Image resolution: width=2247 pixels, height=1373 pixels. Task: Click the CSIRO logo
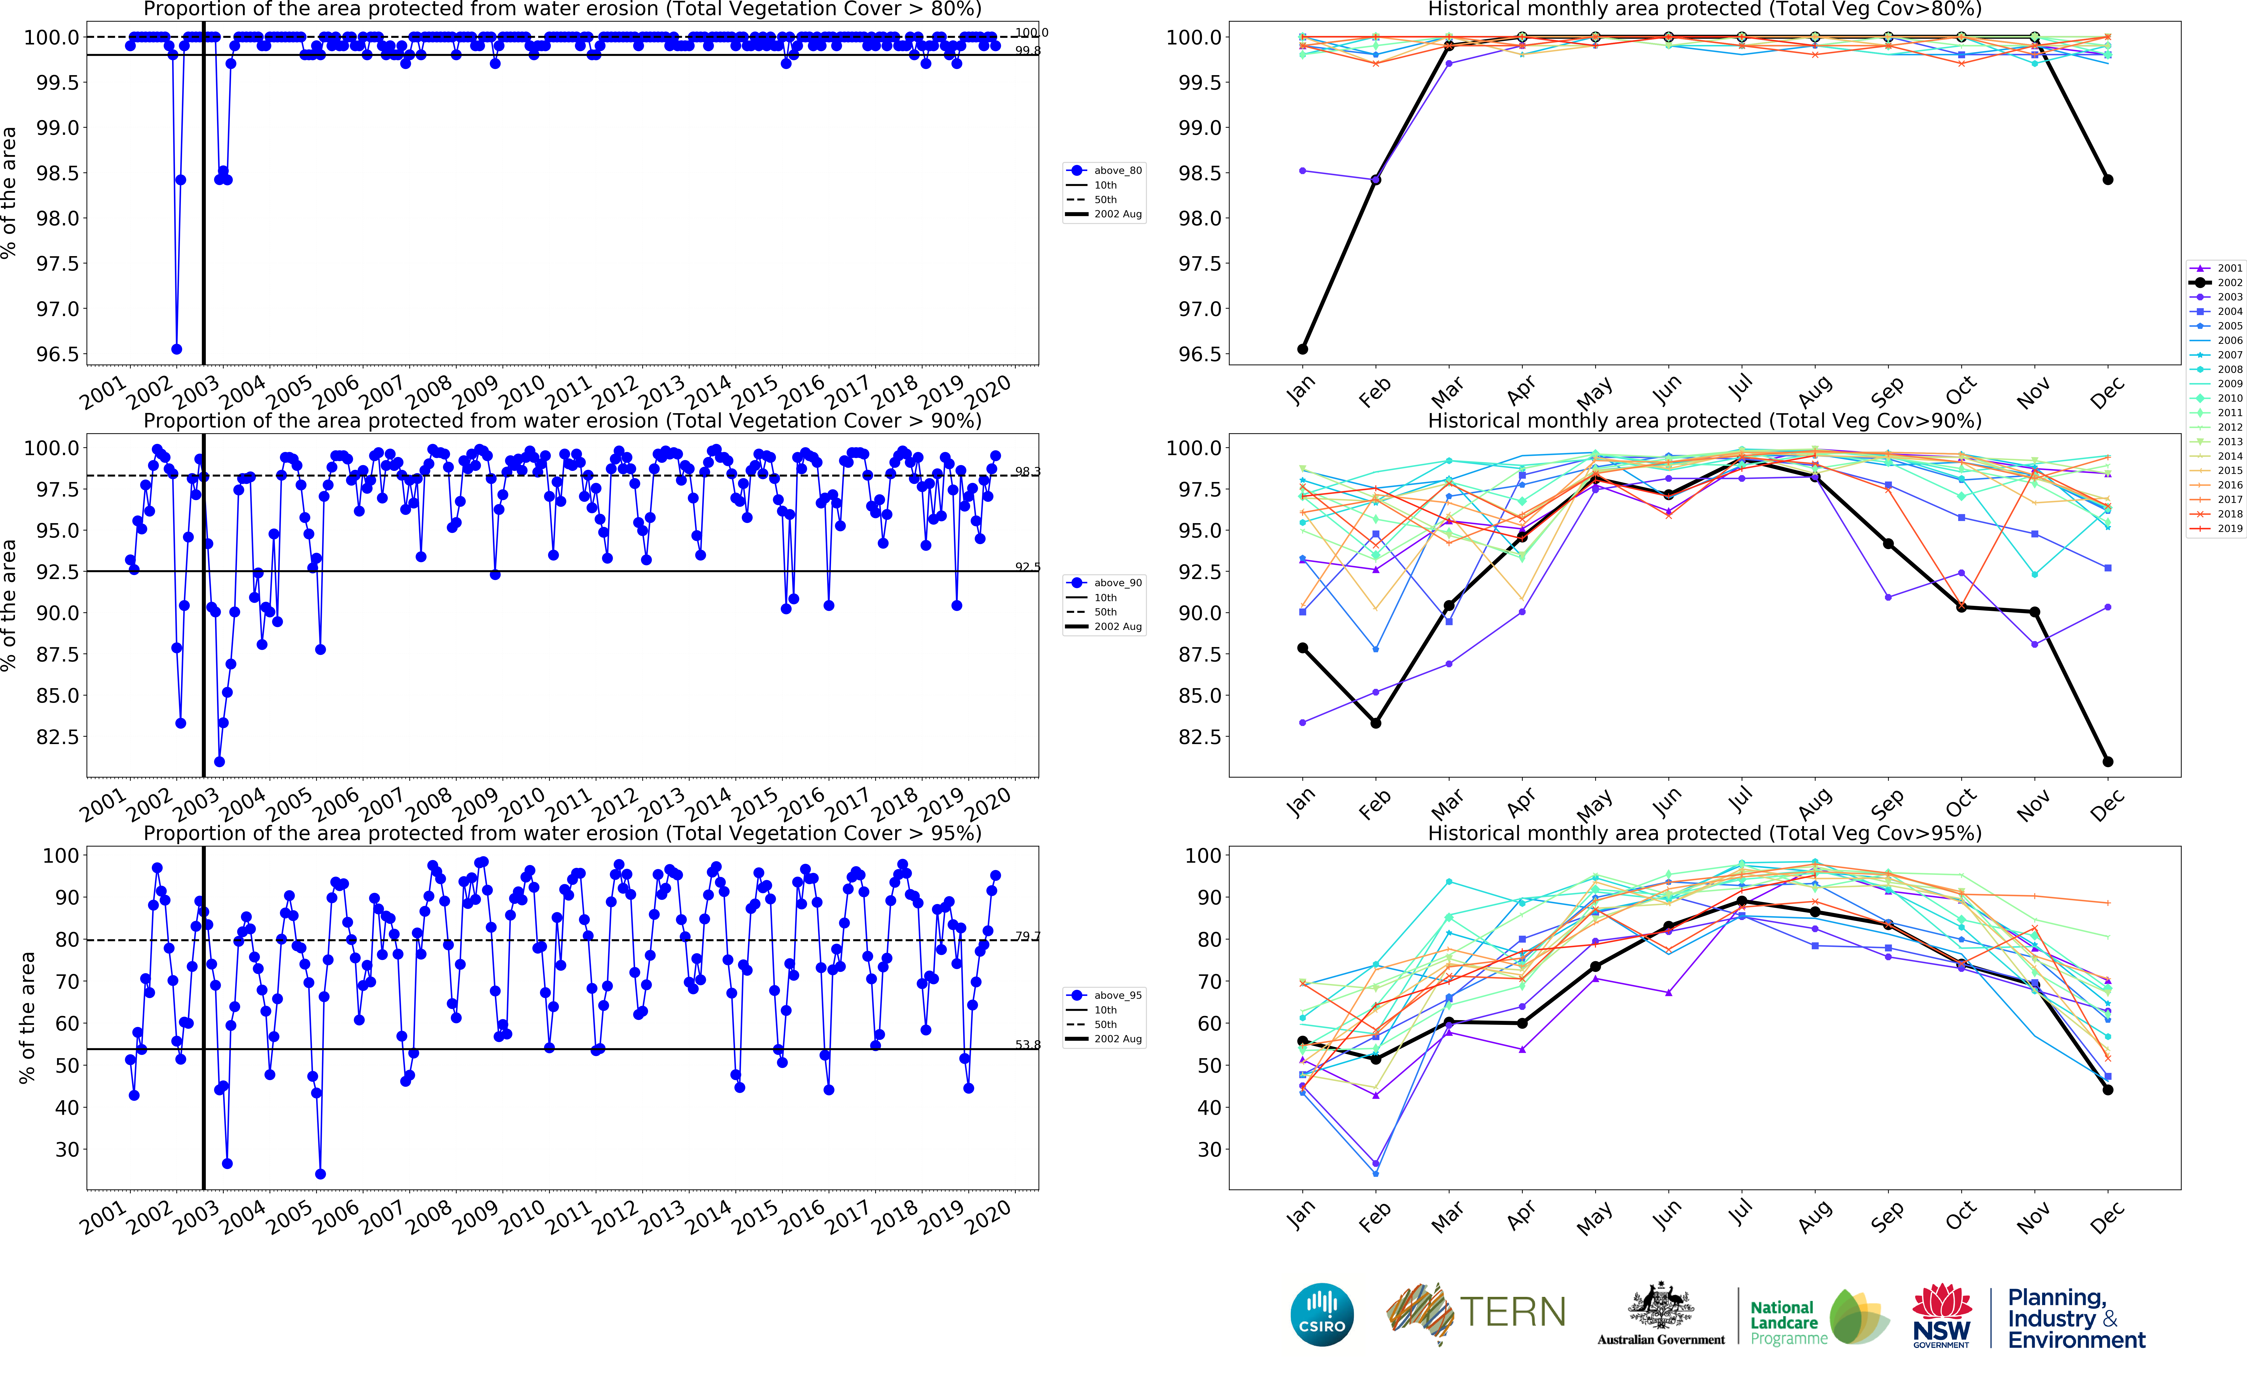(x=1322, y=1315)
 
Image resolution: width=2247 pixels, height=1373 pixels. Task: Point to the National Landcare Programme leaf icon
(x=1859, y=1316)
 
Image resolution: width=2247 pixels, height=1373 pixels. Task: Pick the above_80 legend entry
(x=1105, y=170)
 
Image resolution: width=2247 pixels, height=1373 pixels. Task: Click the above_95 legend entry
(x=1105, y=995)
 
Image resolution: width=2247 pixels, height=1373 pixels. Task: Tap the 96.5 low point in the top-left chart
(x=177, y=349)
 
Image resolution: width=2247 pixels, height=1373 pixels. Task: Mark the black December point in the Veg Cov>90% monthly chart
(x=2107, y=762)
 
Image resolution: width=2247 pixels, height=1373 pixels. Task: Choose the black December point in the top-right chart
(x=2107, y=180)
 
